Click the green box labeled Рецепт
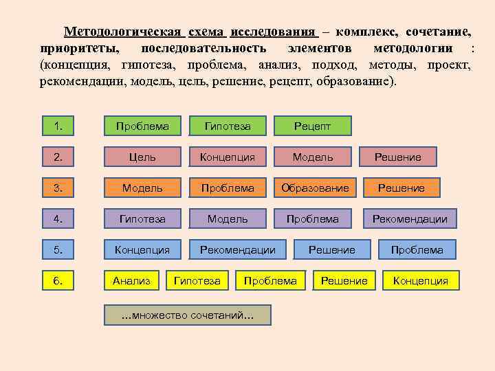[313, 126]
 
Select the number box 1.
[58, 126]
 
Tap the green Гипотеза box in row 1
[228, 126]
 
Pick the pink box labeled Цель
[142, 157]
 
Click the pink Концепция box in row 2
[228, 157]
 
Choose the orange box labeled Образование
[315, 188]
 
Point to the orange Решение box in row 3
[401, 188]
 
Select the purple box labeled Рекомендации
[410, 219]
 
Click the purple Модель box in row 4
[228, 219]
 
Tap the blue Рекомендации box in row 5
[237, 250]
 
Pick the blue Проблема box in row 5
[417, 250]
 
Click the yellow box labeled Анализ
[131, 280]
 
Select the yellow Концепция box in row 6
[420, 280]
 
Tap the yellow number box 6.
[58, 280]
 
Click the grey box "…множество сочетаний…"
[187, 315]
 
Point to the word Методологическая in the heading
[123, 32]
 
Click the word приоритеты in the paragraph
[78, 49]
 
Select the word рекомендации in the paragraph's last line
[80, 81]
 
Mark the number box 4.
[58, 219]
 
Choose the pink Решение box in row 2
[397, 157]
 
